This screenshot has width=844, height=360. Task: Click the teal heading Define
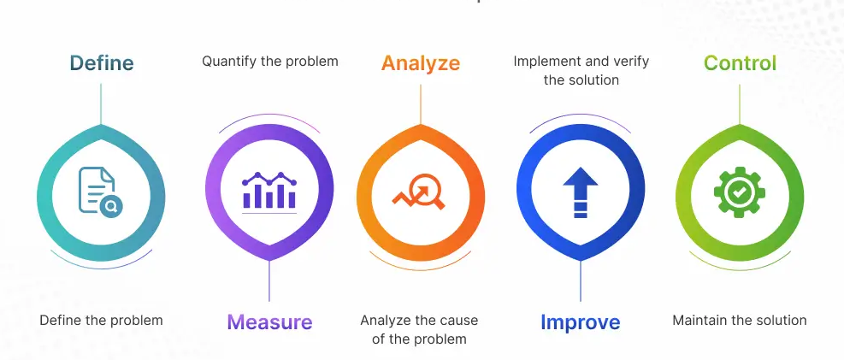point(102,63)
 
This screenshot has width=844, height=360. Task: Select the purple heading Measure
point(269,322)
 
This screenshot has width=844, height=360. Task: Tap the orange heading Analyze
point(421,63)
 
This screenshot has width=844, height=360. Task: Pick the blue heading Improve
point(580,322)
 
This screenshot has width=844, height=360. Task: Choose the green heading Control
point(740,63)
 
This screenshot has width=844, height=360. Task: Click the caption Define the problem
point(101,321)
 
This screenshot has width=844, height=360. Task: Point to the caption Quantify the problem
point(270,62)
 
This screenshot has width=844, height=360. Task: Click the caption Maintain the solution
point(740,321)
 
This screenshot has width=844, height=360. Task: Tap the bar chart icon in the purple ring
point(269,191)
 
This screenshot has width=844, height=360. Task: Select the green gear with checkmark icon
point(739,192)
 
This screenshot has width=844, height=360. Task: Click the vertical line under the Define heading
point(101,103)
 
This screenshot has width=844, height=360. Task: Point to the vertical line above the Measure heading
point(269,282)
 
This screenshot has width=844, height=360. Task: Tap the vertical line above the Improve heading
point(581,282)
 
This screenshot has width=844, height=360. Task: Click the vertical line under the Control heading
point(740,103)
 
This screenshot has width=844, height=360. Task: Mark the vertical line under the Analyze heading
point(421,103)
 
